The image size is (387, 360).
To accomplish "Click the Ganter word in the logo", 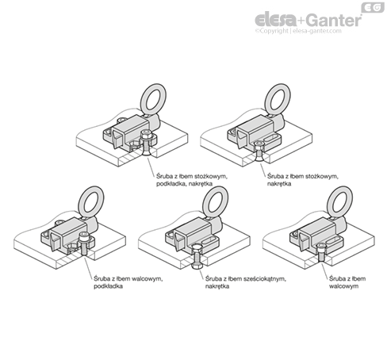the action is pyautogui.click(x=335, y=20).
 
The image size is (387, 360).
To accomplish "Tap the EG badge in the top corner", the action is pyautogui.click(x=373, y=7).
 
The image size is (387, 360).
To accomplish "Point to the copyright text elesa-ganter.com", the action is pyautogui.click(x=317, y=31).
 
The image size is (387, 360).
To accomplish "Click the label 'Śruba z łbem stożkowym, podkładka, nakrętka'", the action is pyautogui.click(x=192, y=180).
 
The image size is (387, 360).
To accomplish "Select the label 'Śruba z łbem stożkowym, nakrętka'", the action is pyautogui.click(x=302, y=180).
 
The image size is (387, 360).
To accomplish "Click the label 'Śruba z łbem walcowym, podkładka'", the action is pyautogui.click(x=128, y=282).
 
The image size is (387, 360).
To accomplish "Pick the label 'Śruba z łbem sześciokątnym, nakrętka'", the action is pyautogui.click(x=246, y=282).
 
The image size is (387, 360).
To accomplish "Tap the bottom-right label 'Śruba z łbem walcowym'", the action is pyautogui.click(x=347, y=282).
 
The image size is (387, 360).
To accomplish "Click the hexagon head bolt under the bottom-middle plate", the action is pyautogui.click(x=197, y=257).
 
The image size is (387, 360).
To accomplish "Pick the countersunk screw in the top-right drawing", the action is pyautogui.click(x=258, y=151).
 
